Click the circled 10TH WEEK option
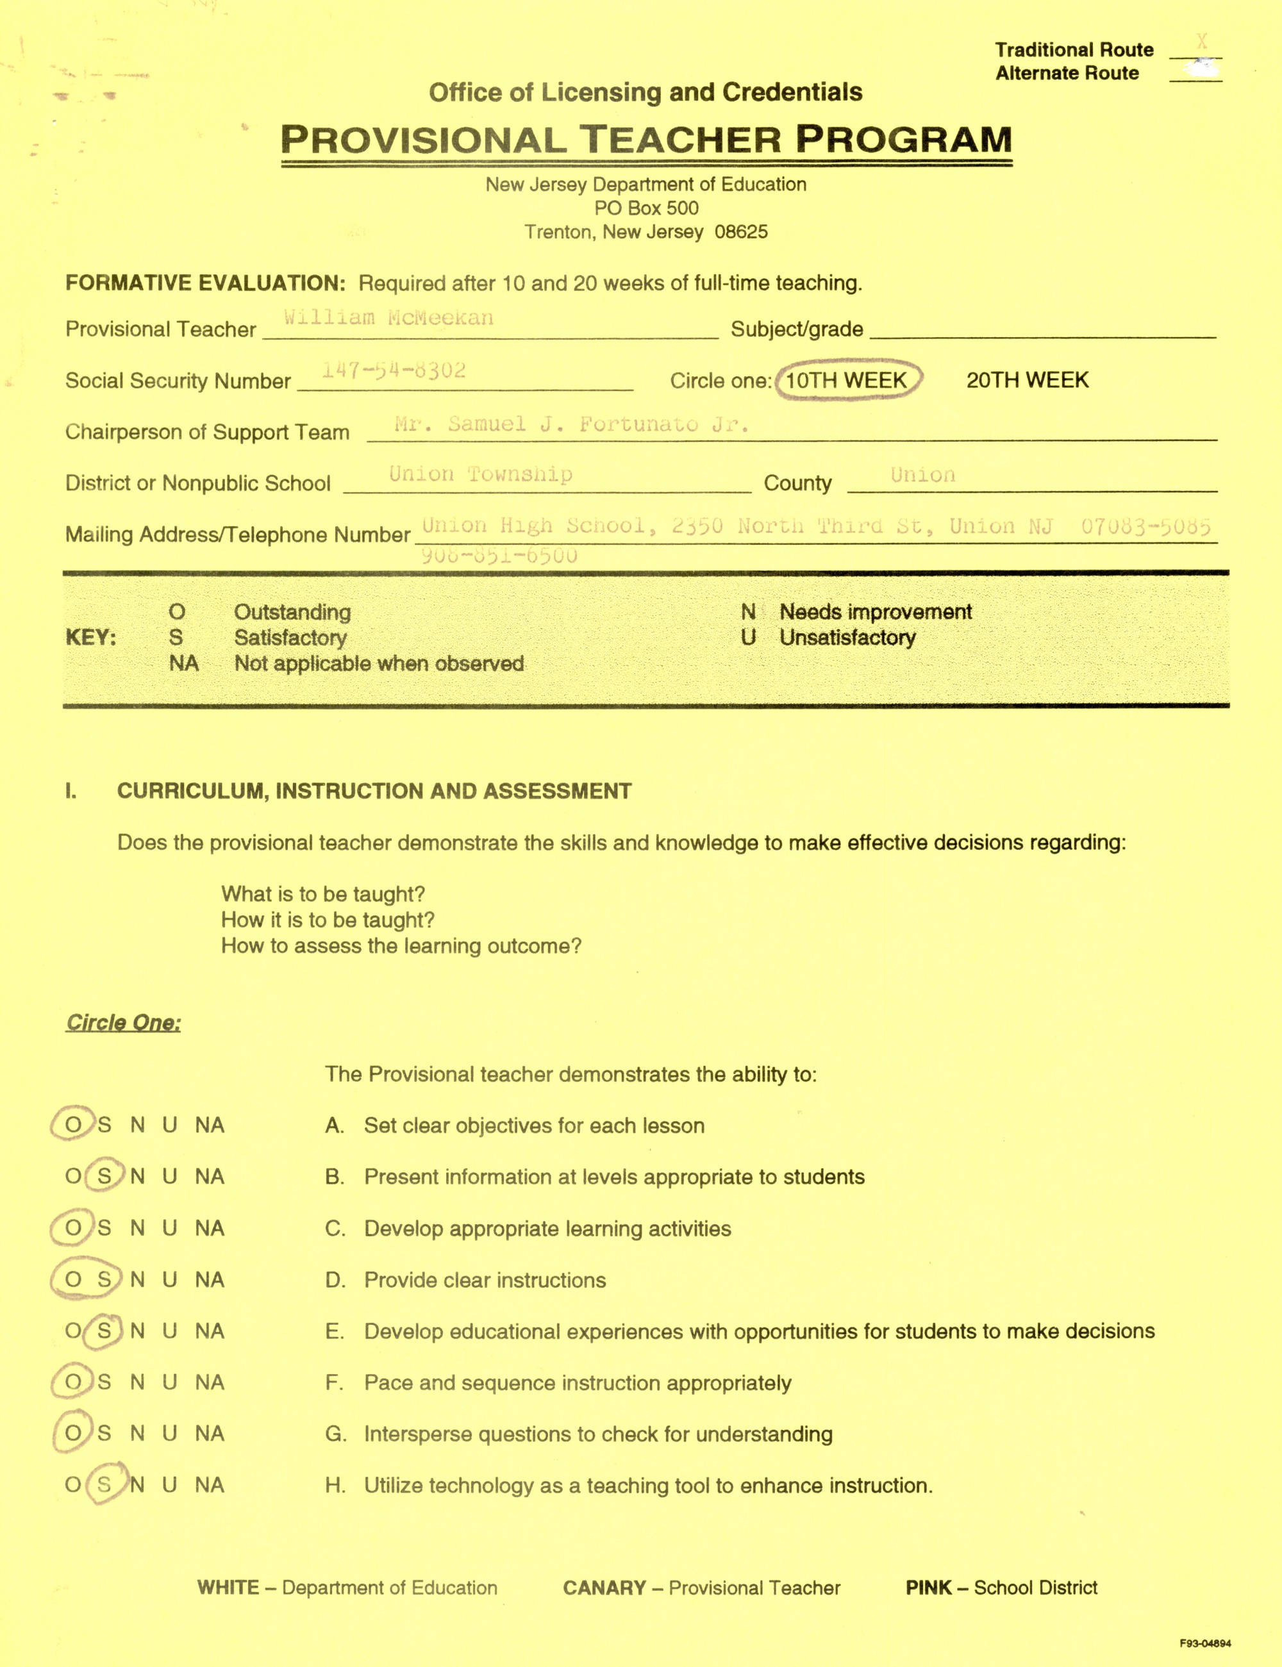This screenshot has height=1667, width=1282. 846,380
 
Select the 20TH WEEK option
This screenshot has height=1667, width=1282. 1027,380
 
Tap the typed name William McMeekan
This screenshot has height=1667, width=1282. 388,317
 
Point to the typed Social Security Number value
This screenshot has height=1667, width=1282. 393,371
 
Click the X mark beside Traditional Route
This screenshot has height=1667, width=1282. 1202,42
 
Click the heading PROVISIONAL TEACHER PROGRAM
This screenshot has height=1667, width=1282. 646,140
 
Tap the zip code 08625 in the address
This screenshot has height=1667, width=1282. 741,232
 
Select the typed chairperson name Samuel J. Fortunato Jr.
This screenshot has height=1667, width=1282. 572,424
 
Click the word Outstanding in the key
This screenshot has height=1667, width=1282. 292,612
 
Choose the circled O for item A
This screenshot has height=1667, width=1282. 72,1125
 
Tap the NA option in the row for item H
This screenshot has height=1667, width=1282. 209,1484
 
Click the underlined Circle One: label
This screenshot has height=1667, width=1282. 124,1022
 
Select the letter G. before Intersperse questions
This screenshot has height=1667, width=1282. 335,1434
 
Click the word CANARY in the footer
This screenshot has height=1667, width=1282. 604,1588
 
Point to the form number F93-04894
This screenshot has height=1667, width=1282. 1205,1643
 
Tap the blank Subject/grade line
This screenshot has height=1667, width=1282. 1042,329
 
